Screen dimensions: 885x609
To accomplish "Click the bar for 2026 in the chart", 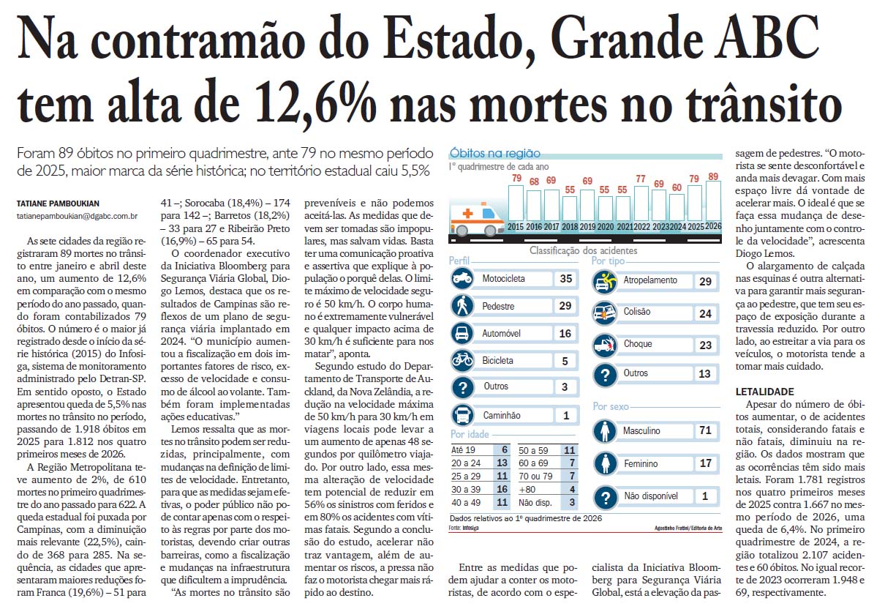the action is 713,201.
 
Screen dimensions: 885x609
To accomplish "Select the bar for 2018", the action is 569,209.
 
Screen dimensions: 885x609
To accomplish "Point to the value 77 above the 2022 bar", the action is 641,179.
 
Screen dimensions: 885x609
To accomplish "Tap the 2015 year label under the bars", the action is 515,227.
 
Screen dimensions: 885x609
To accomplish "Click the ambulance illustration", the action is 477,220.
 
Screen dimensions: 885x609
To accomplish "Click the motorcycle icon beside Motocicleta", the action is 462,278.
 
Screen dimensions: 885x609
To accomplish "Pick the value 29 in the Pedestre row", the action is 565,306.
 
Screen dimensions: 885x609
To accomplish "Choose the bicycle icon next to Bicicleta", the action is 462,360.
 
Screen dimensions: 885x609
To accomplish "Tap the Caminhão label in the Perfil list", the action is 502,415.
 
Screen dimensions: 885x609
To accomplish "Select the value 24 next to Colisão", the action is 705,313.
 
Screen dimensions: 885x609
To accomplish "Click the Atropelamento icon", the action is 604,282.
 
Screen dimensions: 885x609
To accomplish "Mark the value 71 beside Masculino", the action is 705,430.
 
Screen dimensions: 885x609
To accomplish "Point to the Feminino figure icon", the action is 605,463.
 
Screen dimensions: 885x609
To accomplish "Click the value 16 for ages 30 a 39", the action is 502,489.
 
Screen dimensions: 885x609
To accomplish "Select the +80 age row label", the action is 527,490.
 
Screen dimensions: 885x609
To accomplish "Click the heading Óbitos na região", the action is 495,153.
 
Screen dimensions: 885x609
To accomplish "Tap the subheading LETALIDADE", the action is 764,392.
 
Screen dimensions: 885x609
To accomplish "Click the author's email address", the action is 77,217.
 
